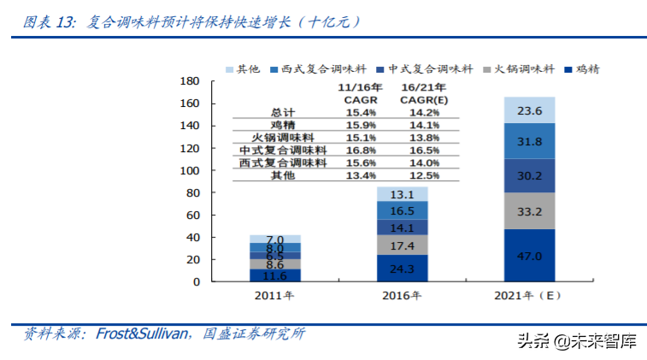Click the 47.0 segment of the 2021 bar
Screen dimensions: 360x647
coord(530,255)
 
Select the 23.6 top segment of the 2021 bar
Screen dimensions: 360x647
coord(530,109)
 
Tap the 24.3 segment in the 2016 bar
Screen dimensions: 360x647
coord(403,268)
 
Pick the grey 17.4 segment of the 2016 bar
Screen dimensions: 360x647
coord(403,245)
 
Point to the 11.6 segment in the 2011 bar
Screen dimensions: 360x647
coord(275,275)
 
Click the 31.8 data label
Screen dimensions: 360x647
coord(530,141)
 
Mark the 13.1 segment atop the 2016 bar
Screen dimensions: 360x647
coord(403,193)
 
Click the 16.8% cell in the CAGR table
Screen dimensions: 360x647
coord(360,150)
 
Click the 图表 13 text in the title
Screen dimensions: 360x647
coord(48,23)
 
